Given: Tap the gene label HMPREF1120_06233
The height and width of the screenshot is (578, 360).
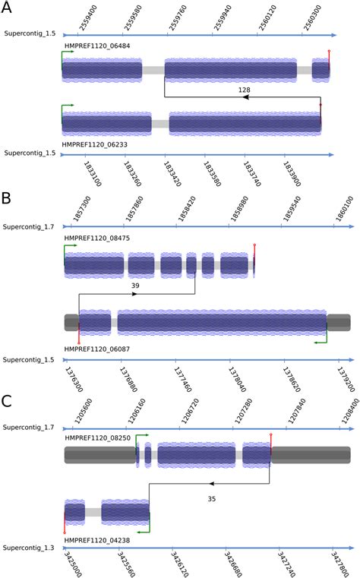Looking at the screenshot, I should click(96, 142).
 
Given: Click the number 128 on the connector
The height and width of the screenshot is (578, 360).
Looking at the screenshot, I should click(244, 90).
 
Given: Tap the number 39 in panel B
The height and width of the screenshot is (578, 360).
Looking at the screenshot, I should click(135, 285).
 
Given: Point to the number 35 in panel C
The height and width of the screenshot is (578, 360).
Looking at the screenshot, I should click(212, 498).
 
